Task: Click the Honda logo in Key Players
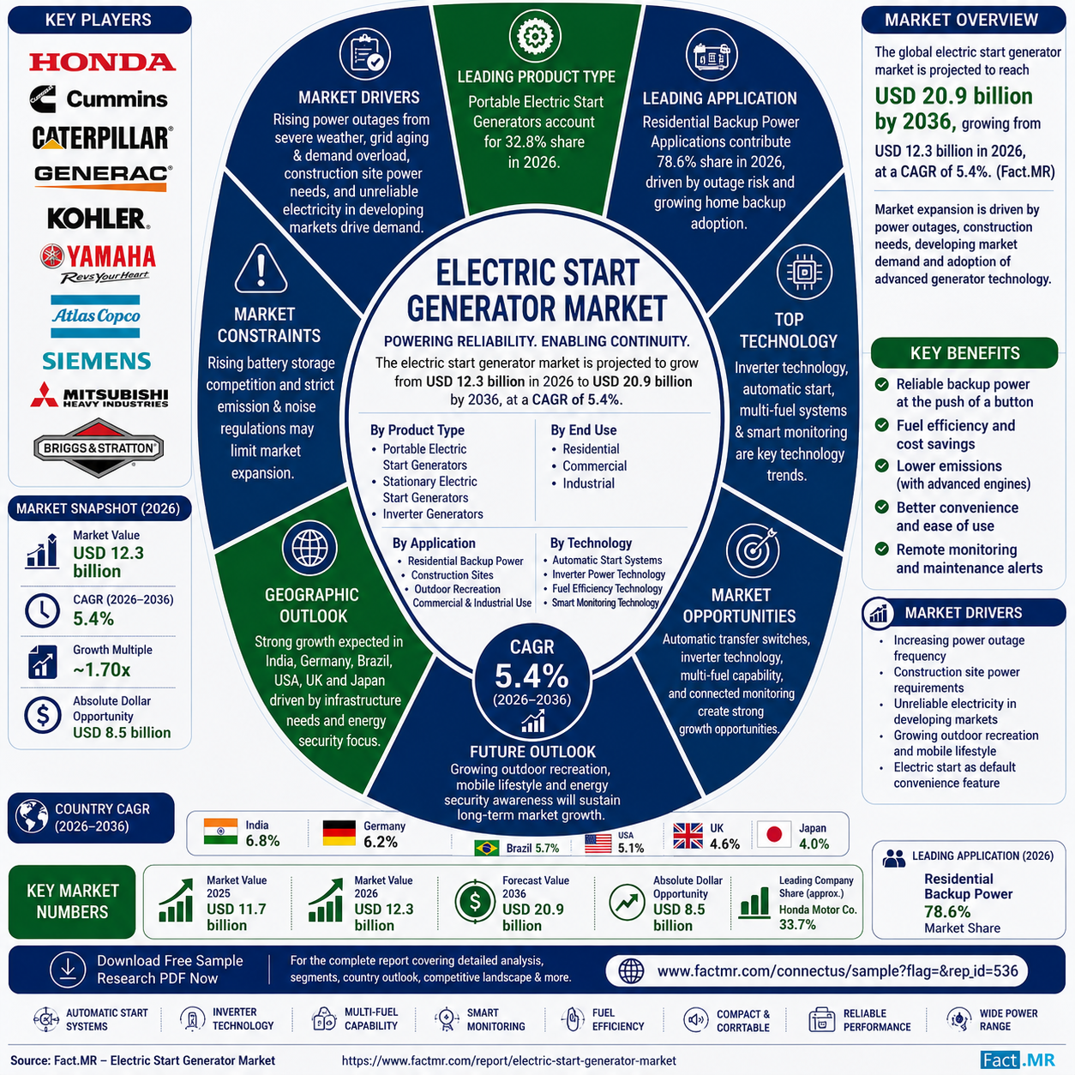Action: tap(102, 62)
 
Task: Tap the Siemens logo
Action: tap(97, 361)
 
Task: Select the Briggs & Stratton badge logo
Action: tap(99, 447)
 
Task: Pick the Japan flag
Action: tap(774, 835)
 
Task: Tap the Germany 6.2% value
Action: tap(381, 842)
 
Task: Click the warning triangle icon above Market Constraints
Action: tap(261, 268)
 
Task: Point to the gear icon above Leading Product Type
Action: tap(534, 36)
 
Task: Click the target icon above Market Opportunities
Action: tap(754, 550)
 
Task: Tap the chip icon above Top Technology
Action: tap(804, 273)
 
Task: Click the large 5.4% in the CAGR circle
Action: tap(531, 676)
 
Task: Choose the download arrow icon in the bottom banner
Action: tap(68, 970)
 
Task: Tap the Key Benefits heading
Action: tap(964, 353)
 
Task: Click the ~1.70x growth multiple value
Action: tap(101, 670)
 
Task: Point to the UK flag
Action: tap(688, 836)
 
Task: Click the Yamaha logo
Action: tap(99, 263)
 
